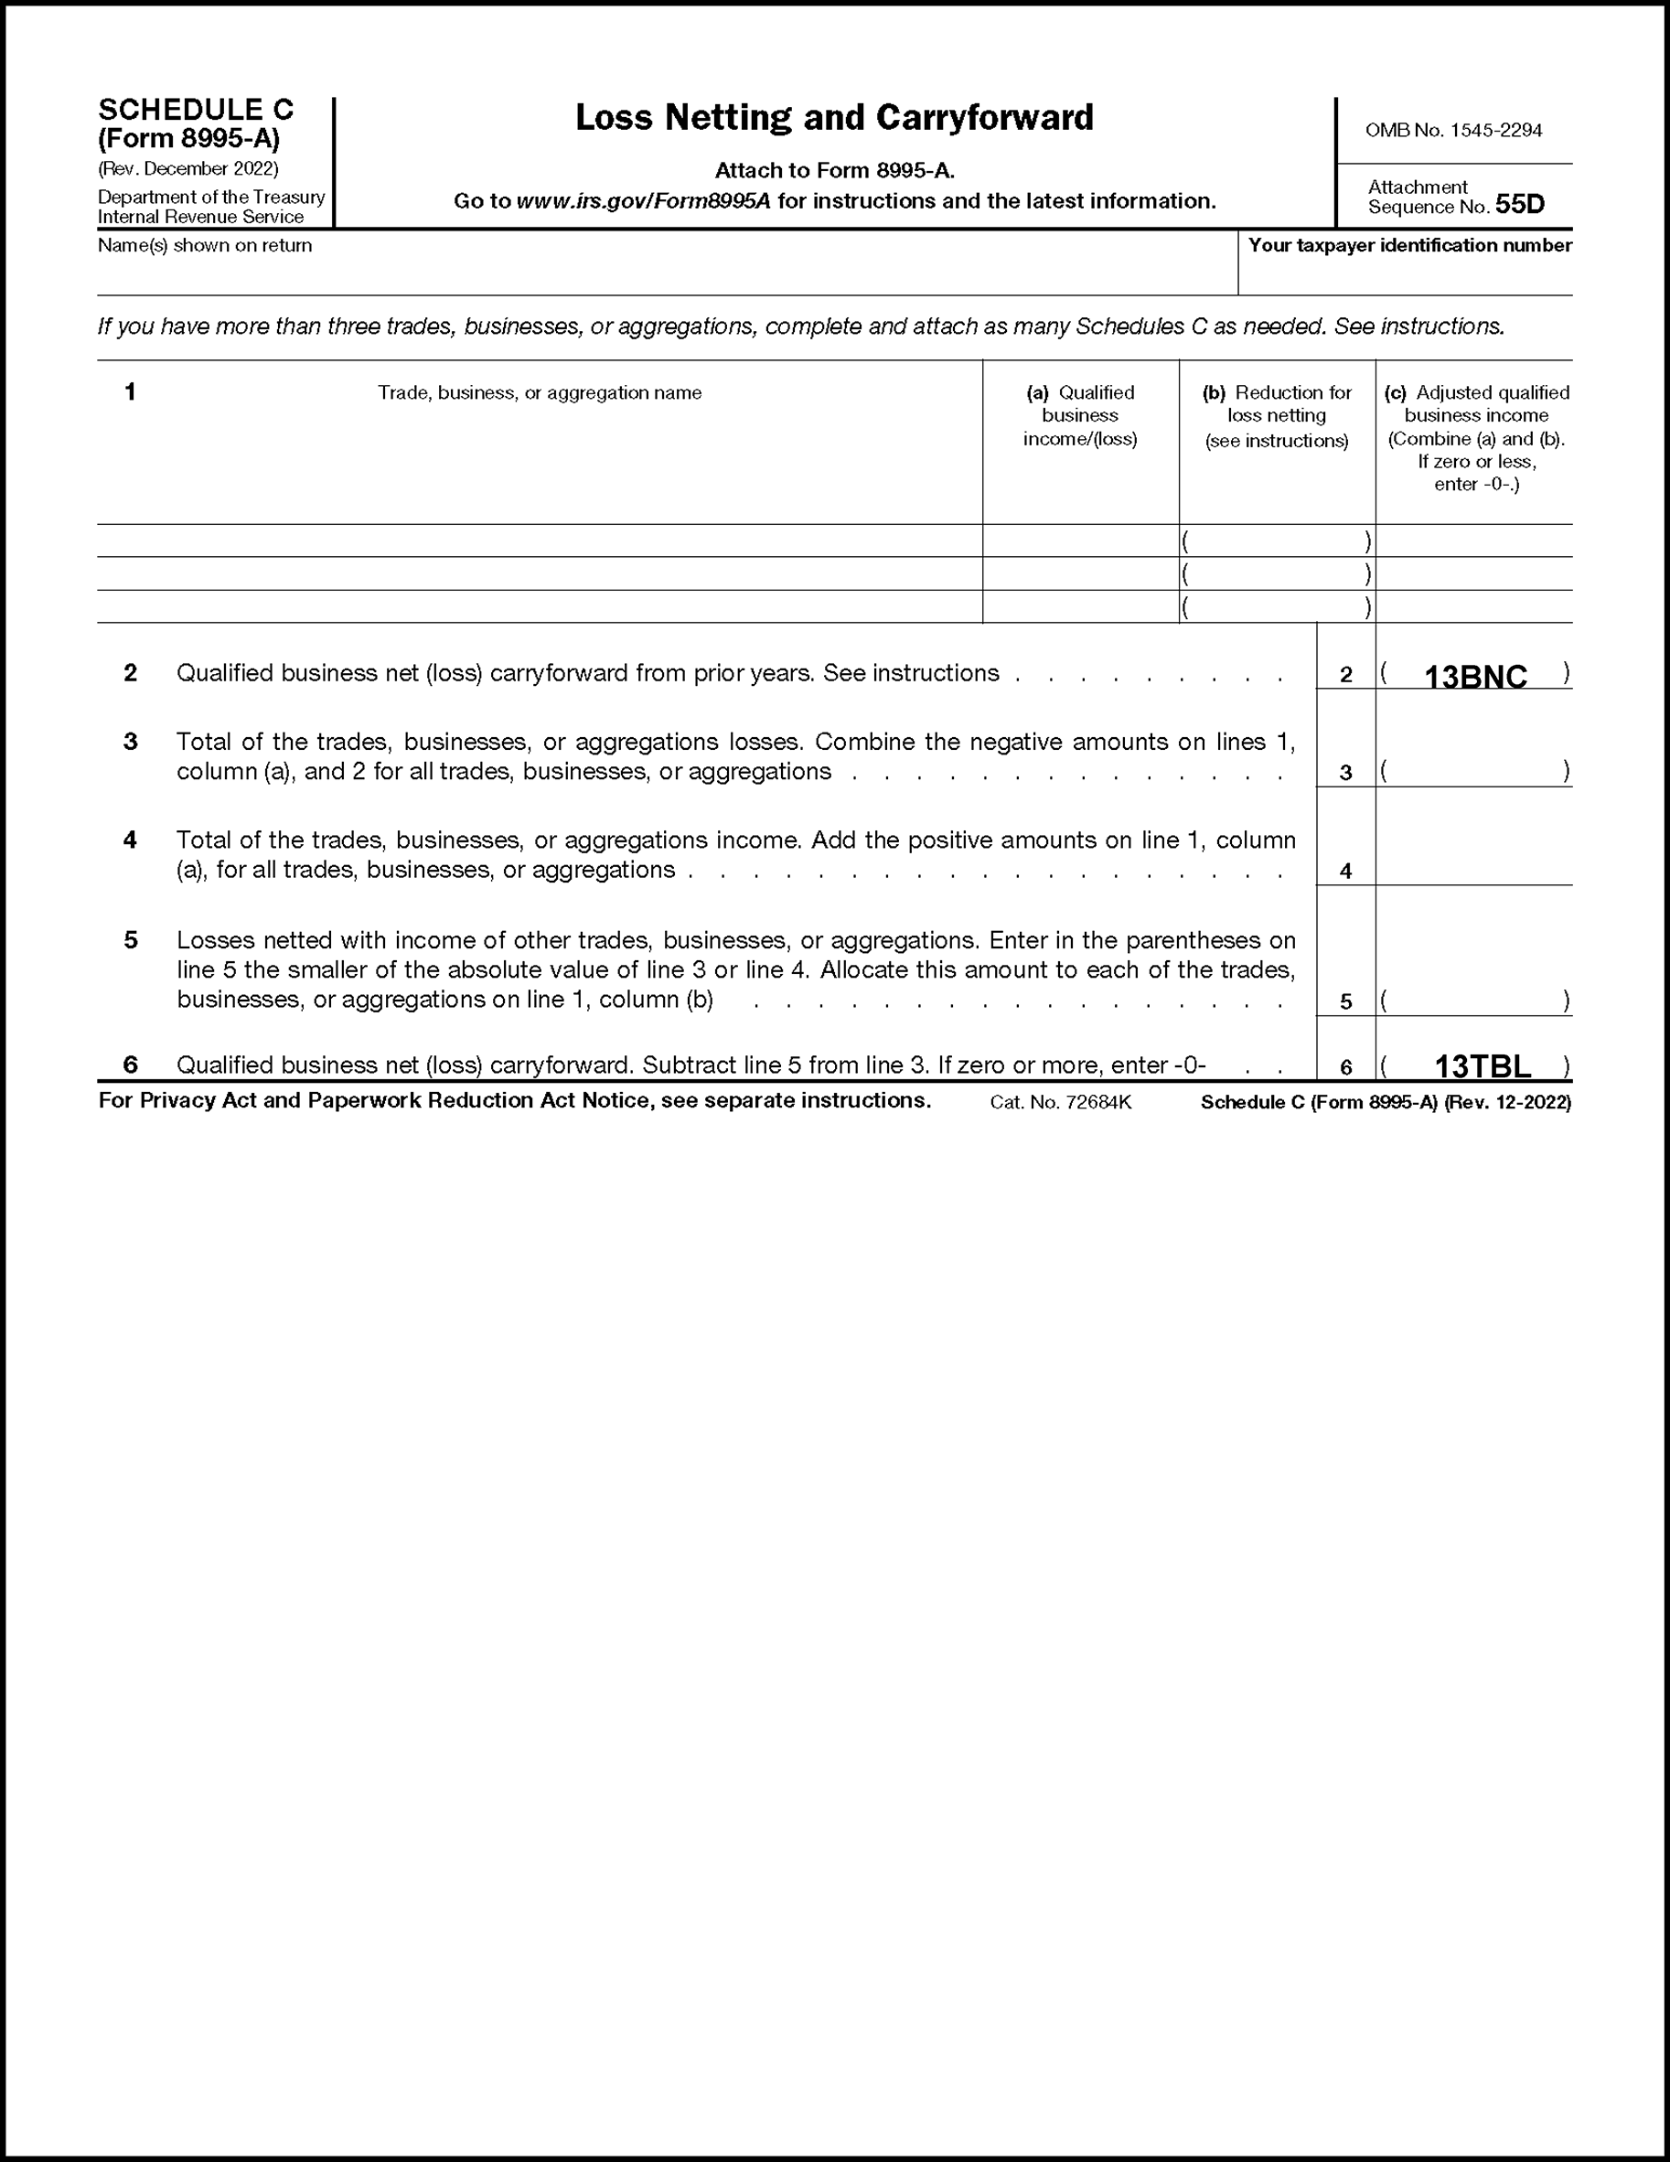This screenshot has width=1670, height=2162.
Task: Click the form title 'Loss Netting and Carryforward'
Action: (833, 118)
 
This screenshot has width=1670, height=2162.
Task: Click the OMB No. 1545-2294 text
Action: (1452, 131)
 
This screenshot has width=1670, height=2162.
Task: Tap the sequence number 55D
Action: (1519, 205)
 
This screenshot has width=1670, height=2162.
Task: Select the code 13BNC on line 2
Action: (1474, 677)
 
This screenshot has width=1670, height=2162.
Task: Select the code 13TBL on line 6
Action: (1482, 1066)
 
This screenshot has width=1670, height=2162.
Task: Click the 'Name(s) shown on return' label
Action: (205, 245)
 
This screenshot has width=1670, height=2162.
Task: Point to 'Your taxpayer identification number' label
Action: (1408, 245)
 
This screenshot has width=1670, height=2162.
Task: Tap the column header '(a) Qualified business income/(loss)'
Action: (1079, 416)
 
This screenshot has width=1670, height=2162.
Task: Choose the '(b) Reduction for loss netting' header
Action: (1276, 416)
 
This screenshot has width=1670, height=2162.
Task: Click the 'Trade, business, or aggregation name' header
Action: (540, 393)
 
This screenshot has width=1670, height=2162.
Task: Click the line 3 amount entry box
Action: (1474, 771)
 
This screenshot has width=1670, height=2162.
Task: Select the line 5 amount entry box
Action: (1474, 1001)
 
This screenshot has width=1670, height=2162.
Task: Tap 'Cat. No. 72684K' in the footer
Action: (1059, 1102)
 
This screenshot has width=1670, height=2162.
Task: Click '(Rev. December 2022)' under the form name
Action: (188, 168)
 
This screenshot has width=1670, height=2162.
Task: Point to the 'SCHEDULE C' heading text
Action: (196, 109)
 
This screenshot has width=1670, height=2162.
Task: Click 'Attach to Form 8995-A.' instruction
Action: (833, 171)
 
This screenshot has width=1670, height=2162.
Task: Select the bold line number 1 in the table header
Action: (130, 392)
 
